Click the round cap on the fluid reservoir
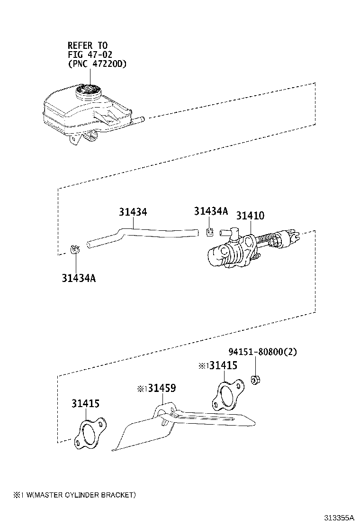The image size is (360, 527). pyautogui.click(x=89, y=91)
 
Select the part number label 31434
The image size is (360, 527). pyautogui.click(x=133, y=212)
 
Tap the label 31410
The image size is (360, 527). pyautogui.click(x=250, y=216)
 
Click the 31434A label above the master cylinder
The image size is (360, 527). pyautogui.click(x=211, y=211)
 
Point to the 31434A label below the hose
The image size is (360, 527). pyautogui.click(x=79, y=278)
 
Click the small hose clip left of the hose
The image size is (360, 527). pyautogui.click(x=74, y=250)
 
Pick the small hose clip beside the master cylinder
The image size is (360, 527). pyautogui.click(x=210, y=231)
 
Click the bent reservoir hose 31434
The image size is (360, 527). pyautogui.click(x=142, y=234)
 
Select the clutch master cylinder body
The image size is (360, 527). pyautogui.click(x=232, y=251)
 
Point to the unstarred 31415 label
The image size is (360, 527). pyautogui.click(x=86, y=404)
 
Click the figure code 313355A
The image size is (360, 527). pyautogui.click(x=339, y=518)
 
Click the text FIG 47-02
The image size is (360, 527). pyautogui.click(x=90, y=55)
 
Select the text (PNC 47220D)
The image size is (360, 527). pyautogui.click(x=97, y=64)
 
